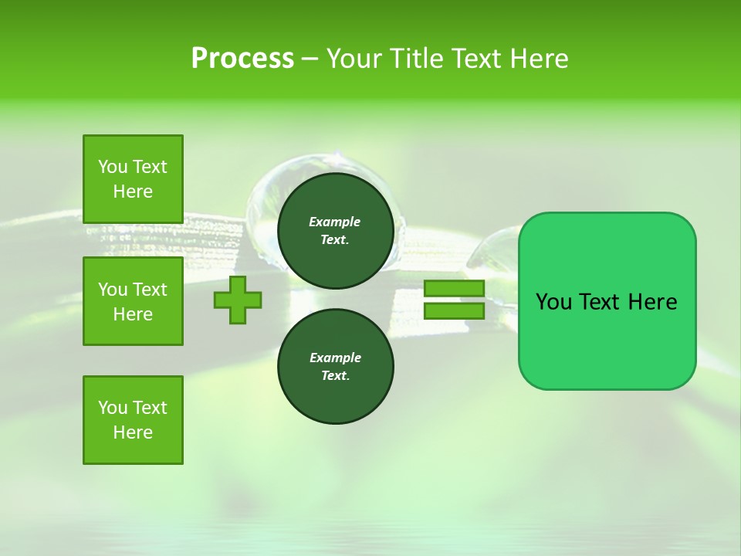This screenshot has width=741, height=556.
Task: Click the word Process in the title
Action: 242,59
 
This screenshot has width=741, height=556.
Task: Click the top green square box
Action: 133,179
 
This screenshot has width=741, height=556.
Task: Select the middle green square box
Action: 133,301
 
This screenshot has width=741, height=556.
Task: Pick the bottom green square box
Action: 133,420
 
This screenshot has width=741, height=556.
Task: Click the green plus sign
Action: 238,300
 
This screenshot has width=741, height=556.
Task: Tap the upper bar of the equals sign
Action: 454,289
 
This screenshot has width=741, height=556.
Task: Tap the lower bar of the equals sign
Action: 454,310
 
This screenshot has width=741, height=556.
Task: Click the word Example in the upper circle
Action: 335,222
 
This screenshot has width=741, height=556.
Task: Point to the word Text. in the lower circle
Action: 335,376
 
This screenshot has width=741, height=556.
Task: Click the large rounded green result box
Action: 607,340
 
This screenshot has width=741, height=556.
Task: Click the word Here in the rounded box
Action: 652,302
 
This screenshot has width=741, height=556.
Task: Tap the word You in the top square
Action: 112,167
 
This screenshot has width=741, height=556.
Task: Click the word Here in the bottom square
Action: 133,432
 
